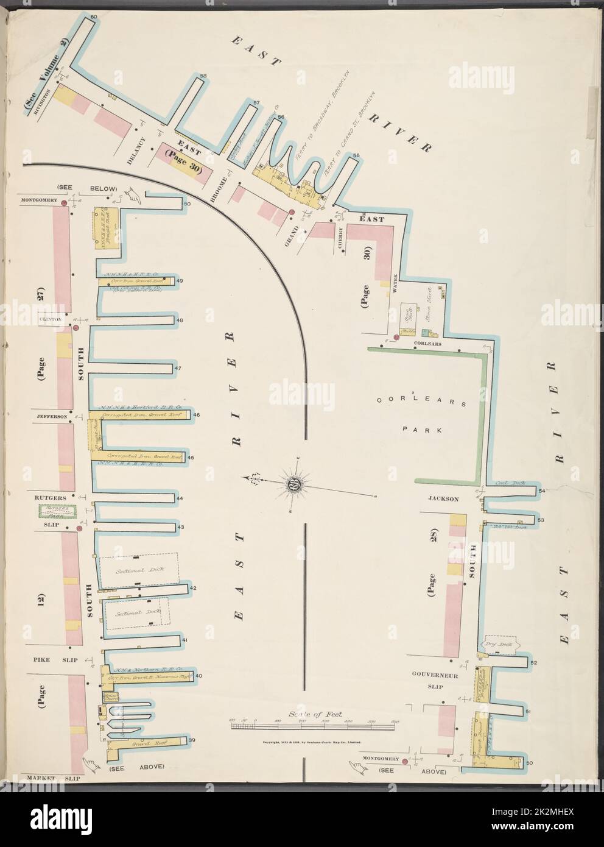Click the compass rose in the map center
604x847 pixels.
(x=296, y=485)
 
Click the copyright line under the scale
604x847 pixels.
(x=312, y=742)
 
